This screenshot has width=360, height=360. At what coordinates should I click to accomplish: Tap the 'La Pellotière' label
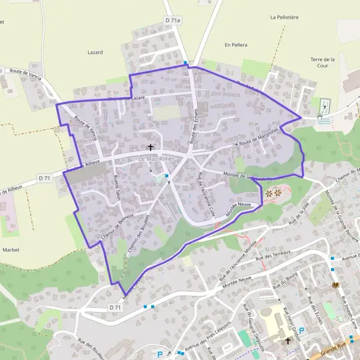pyautogui.click(x=285, y=17)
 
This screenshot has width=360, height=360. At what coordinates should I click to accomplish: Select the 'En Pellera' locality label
pyautogui.click(x=236, y=45)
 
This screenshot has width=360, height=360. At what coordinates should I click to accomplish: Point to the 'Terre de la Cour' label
pyautogui.click(x=322, y=62)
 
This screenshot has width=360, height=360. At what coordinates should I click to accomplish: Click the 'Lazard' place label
pyautogui.click(x=95, y=53)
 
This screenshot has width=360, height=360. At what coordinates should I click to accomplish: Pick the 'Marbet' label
pyautogui.click(x=11, y=249)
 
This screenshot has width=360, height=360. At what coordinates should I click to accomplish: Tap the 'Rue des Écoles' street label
pyautogui.click(x=316, y=310)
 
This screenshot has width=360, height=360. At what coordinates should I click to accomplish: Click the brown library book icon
pyautogui.click(x=335, y=285)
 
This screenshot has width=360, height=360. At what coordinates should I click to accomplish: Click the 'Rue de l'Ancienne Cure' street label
pyautogui.click(x=206, y=194)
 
